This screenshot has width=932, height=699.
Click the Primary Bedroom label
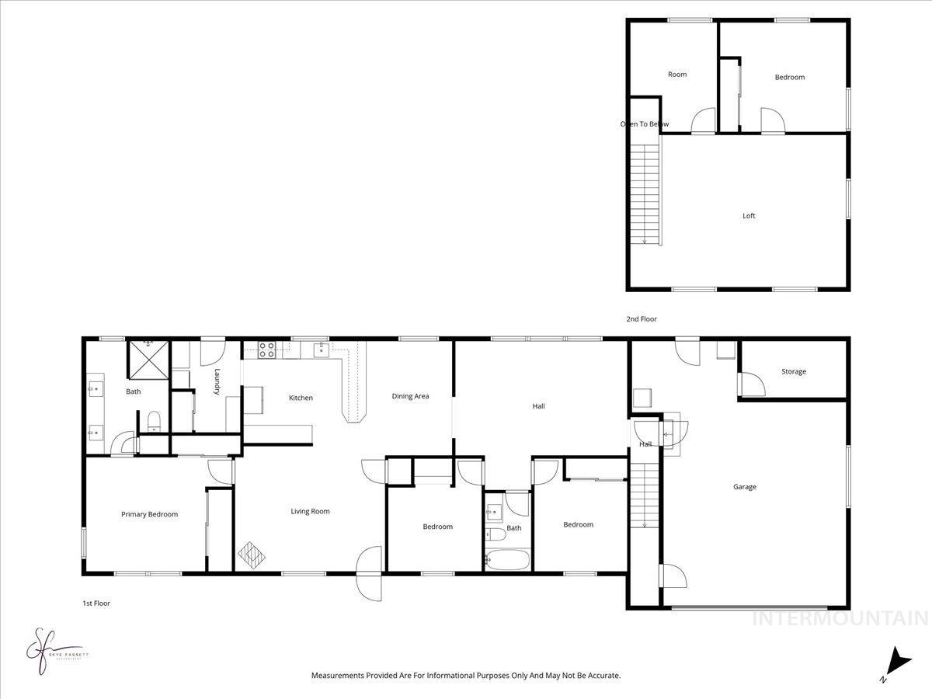coord(149,514)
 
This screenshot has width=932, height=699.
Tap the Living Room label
coord(310,511)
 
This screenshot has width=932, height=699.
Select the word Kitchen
coord(301,398)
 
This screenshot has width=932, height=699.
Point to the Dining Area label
coord(410,396)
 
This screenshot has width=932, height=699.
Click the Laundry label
coord(217,381)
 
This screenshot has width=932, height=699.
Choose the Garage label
coord(744,487)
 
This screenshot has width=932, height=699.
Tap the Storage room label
coord(793,371)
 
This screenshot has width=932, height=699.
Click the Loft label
coord(748,216)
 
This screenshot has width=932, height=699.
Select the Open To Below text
coord(644,124)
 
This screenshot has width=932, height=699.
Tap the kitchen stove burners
coord(266,350)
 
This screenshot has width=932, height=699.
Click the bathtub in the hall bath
coord(506,559)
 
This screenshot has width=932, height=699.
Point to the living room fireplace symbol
coord(251,555)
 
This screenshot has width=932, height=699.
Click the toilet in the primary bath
coord(154,420)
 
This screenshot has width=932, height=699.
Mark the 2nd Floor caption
coord(642,318)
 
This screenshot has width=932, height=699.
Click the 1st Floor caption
coord(96,603)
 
